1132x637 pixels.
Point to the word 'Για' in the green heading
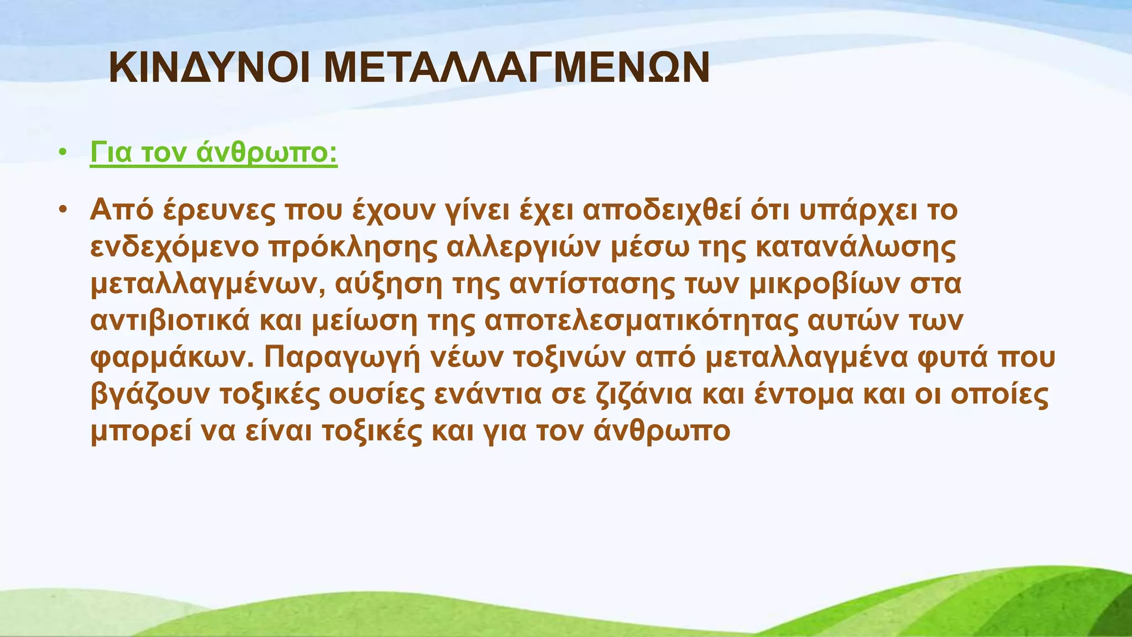click(x=111, y=153)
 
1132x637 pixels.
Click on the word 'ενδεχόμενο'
click(x=175, y=247)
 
